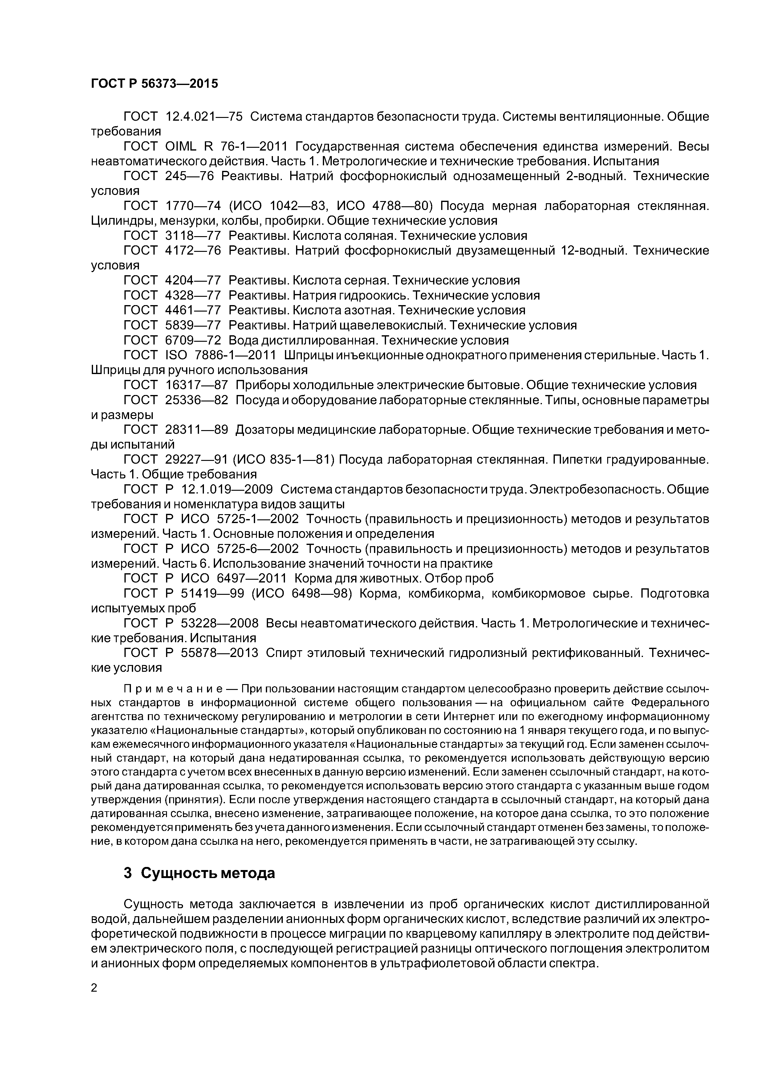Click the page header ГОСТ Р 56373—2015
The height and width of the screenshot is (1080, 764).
click(154, 84)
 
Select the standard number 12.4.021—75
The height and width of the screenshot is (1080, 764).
click(204, 116)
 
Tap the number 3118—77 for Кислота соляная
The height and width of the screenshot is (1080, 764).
click(193, 235)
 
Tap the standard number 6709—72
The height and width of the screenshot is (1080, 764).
click(193, 340)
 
